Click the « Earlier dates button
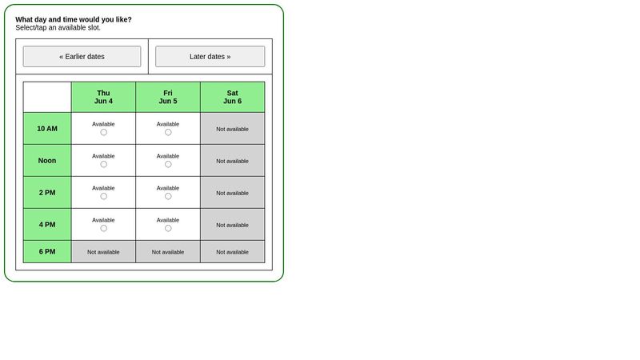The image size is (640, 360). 82,57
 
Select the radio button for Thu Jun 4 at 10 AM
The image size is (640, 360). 103,132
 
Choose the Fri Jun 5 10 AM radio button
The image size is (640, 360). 168,132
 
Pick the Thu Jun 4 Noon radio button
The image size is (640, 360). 103,164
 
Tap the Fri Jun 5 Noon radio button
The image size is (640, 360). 168,164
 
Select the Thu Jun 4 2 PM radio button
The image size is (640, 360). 103,196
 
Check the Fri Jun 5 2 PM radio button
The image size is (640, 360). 168,196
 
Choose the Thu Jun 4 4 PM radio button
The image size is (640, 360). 103,228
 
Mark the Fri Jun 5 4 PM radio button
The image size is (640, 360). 168,228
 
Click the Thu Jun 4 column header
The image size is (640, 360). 103,97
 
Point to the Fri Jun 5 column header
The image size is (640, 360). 168,97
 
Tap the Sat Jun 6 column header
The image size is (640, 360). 232,97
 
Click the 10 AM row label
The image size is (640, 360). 47,128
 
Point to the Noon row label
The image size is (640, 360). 47,160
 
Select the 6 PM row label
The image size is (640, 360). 47,251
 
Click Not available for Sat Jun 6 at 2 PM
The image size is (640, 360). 232,193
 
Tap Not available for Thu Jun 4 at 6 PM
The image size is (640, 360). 103,252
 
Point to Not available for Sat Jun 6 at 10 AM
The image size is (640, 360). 232,129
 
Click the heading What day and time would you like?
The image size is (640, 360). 74,19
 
